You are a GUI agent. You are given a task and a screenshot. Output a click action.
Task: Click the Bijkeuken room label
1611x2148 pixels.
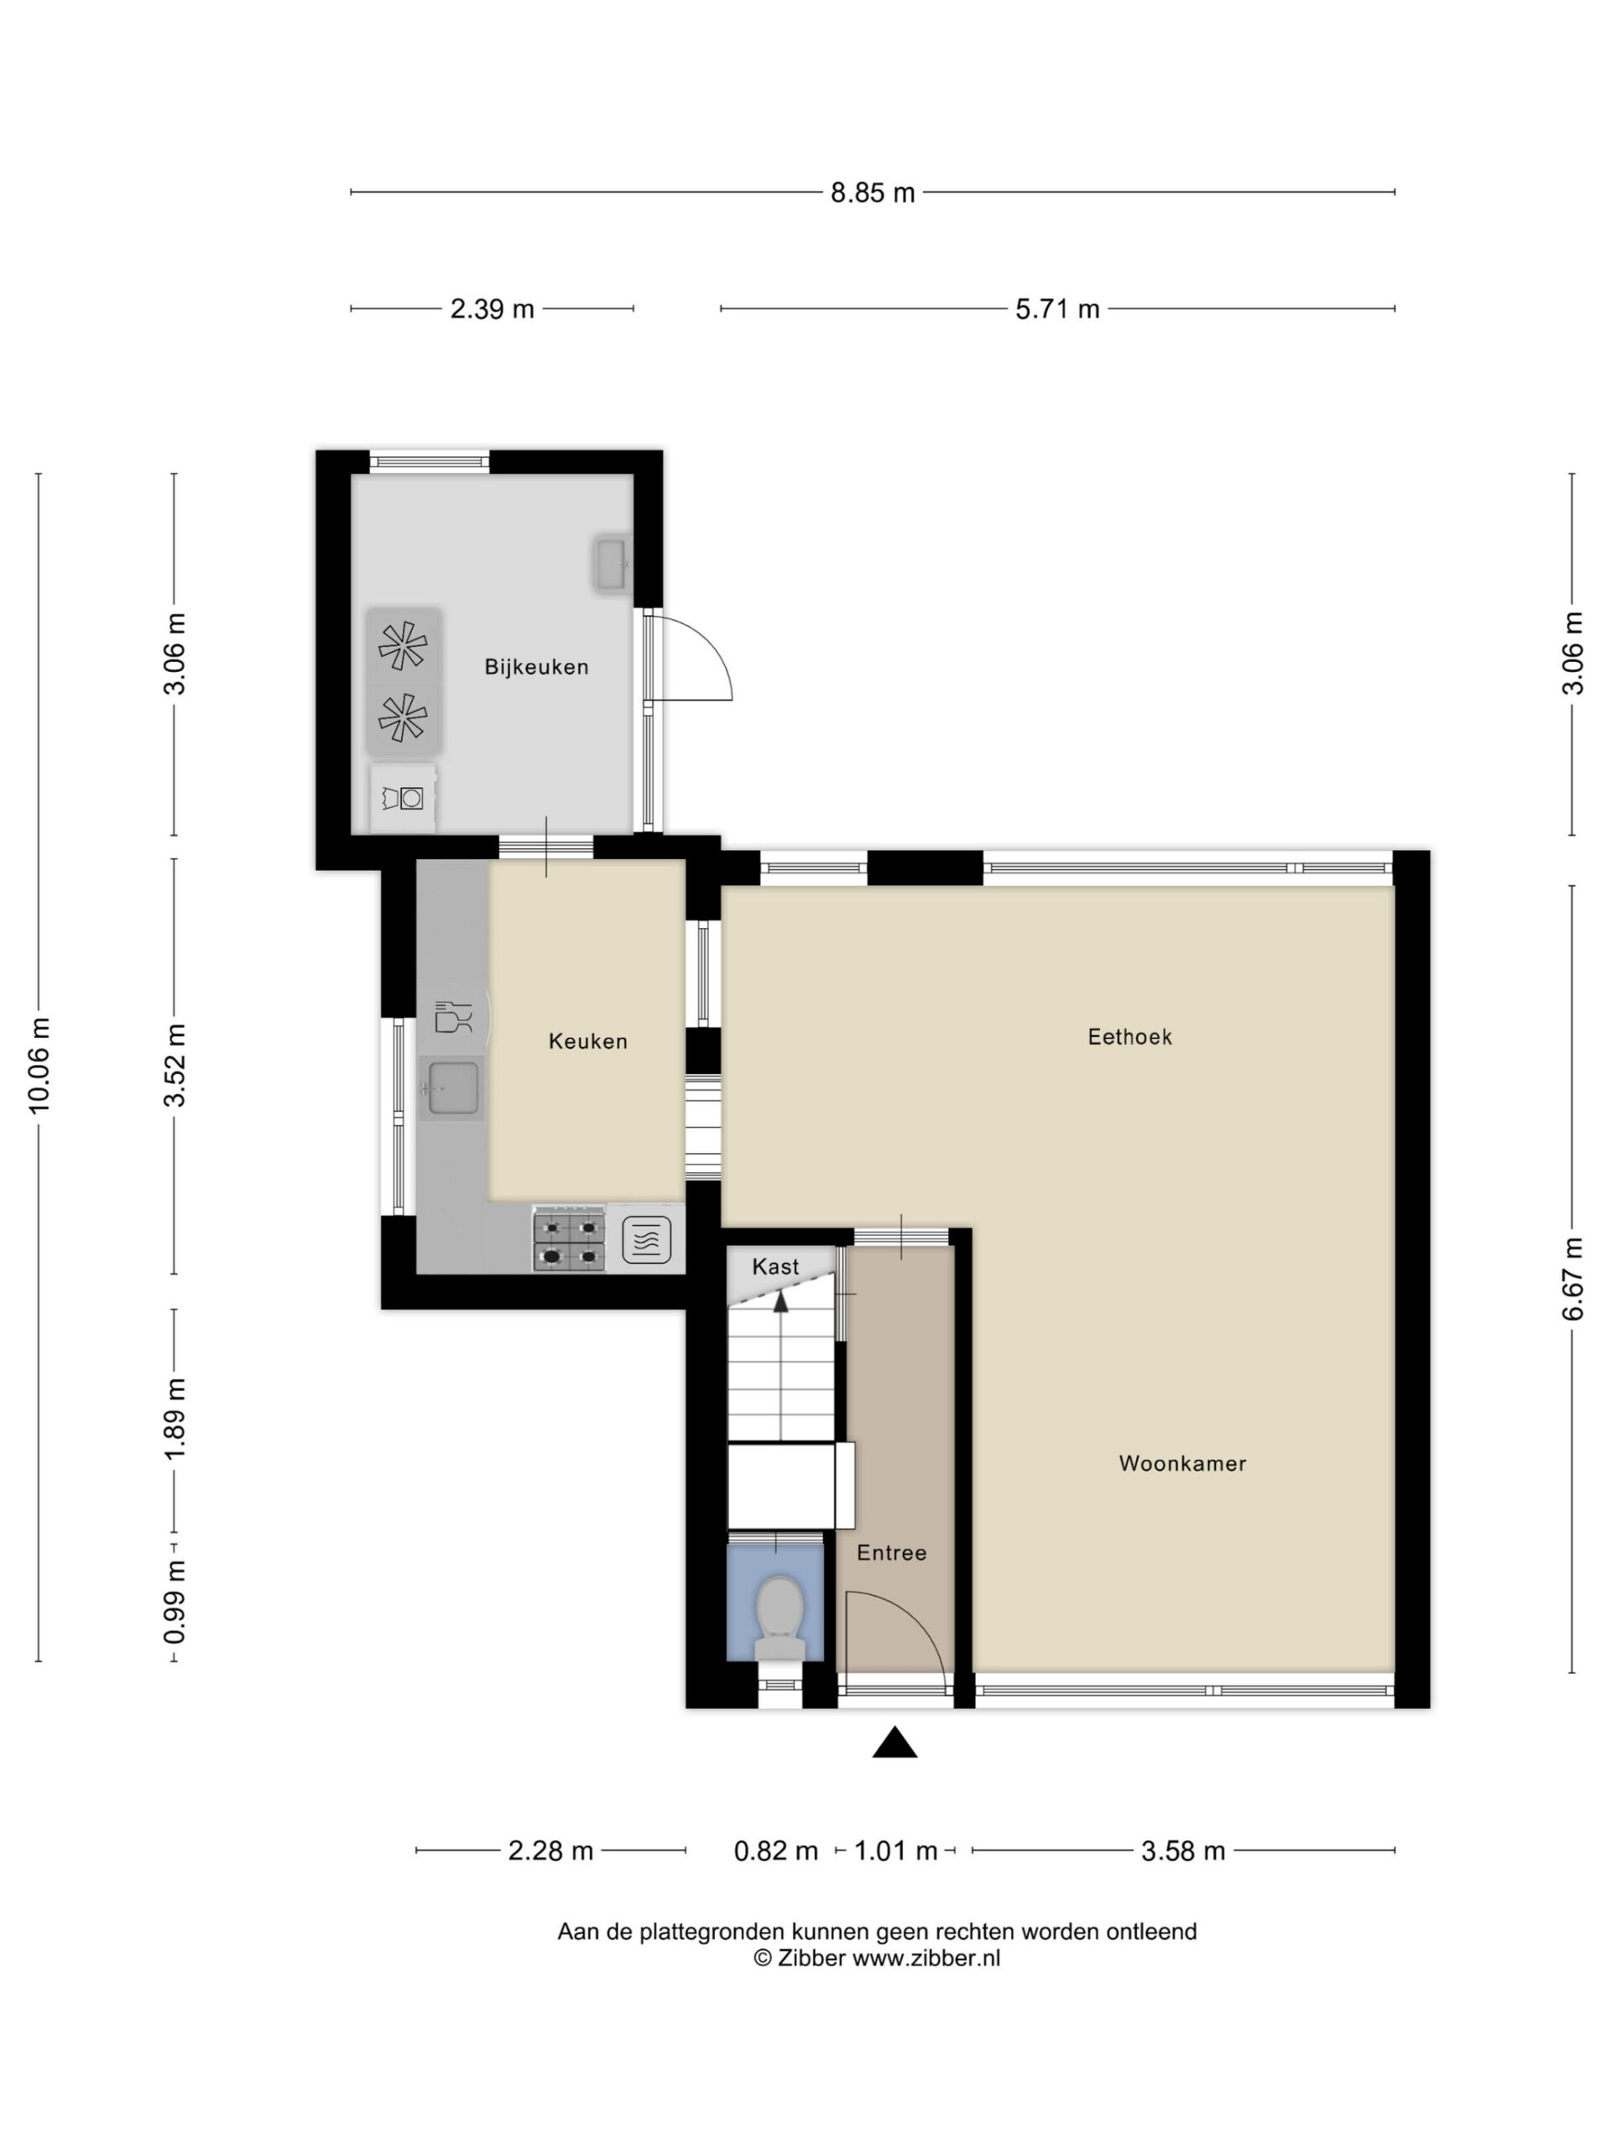click(536, 667)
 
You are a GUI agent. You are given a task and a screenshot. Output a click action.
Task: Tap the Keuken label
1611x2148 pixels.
click(587, 1041)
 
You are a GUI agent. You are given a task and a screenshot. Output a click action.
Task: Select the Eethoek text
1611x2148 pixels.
click(1129, 1037)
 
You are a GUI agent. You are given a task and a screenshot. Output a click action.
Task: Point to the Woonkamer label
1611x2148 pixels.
click(1181, 1463)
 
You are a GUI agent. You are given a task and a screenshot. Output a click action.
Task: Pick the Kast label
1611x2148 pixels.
click(775, 1266)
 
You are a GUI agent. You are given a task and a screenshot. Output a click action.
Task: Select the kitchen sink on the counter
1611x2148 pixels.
click(451, 1088)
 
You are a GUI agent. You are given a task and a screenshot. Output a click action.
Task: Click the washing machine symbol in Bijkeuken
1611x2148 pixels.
click(403, 798)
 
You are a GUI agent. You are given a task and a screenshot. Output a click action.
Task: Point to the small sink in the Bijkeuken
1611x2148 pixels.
click(611, 564)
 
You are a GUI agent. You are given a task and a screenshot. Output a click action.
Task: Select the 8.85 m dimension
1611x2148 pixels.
click(872, 192)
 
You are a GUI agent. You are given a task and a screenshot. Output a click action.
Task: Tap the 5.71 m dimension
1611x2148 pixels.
click(1057, 309)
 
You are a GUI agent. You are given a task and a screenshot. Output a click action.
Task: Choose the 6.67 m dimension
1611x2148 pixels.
click(1572, 1279)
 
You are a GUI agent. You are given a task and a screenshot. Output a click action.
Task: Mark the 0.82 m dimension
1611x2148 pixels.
click(776, 1851)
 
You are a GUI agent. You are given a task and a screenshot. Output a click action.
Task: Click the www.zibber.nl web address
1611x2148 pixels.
click(925, 1958)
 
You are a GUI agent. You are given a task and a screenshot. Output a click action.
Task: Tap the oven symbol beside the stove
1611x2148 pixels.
click(647, 1241)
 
